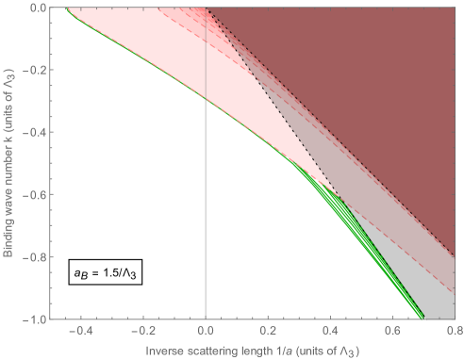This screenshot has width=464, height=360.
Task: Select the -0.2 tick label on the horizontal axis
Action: (142, 332)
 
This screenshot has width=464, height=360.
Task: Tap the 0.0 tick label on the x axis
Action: (206, 332)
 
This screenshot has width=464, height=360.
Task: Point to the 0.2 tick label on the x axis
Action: (268, 332)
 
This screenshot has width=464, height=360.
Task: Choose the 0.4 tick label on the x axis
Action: (330, 332)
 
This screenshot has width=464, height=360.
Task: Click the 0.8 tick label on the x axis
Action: (453, 332)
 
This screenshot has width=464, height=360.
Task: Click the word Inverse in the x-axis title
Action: (164, 351)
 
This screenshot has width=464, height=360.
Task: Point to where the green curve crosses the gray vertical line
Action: (206, 99)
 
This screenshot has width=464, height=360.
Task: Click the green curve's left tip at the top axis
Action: (66, 8)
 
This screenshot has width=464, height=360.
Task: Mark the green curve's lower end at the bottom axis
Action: (422, 319)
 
